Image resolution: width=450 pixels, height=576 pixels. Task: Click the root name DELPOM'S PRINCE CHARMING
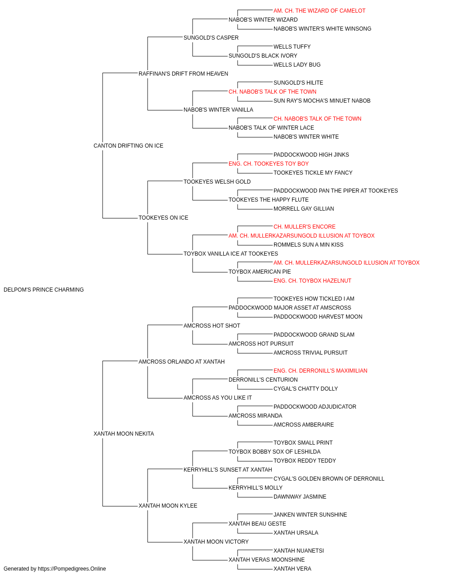coord(44,290)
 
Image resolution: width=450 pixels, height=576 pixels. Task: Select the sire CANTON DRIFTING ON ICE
coord(128,146)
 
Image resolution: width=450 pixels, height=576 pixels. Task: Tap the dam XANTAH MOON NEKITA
coord(124,434)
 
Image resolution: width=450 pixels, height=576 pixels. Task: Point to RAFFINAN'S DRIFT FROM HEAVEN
coord(183,74)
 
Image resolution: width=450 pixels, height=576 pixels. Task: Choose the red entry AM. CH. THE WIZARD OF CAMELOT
coord(319,11)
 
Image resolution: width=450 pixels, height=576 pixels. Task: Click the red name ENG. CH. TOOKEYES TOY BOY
coord(269,164)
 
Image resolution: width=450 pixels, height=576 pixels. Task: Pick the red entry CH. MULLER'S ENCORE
coord(305,227)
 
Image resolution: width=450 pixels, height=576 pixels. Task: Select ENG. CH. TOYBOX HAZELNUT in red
coord(312,281)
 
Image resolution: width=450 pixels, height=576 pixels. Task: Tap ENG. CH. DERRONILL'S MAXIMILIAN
coord(320,371)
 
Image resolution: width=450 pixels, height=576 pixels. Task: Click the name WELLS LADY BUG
coord(297,65)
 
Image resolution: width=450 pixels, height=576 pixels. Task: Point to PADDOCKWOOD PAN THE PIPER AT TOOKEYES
coord(336,191)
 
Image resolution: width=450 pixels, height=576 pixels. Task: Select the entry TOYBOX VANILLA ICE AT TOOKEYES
coord(230,254)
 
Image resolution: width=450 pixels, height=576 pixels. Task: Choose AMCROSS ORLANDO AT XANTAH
coord(181,362)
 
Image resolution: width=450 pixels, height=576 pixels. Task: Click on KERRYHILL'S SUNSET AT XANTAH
coord(228,470)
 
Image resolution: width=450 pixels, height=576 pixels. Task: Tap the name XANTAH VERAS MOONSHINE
coord(266,560)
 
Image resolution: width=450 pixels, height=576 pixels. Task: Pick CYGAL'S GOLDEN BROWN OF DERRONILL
coord(328,479)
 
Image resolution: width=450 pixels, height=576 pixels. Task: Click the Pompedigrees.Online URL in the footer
coord(72,569)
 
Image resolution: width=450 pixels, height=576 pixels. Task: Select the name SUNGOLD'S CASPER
coord(211,38)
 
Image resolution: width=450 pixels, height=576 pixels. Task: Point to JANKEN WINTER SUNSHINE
coord(310,515)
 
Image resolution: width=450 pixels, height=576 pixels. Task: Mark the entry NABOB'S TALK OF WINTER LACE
coord(271,128)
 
